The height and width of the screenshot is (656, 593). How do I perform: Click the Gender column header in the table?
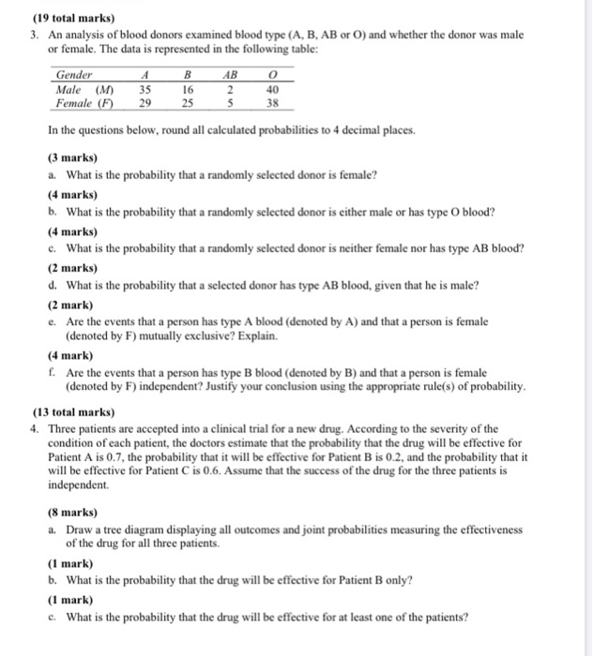point(74,75)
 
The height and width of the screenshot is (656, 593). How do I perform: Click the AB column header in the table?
point(229,75)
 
